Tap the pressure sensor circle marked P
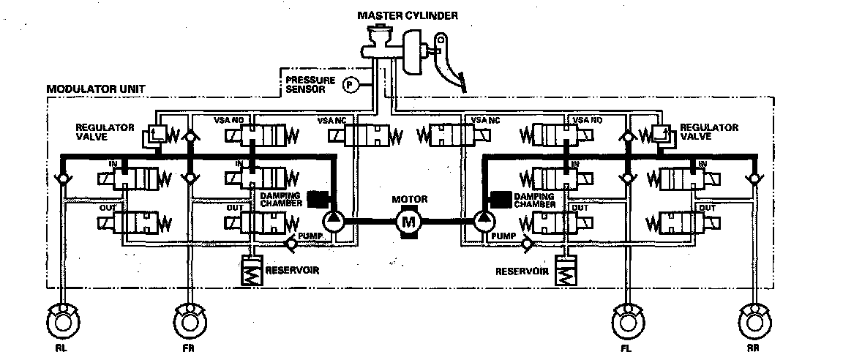[x=351, y=85]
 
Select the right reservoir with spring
[x=565, y=272]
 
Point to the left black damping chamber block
[x=318, y=198]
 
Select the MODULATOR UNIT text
[x=95, y=90]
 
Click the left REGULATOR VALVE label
[x=104, y=131]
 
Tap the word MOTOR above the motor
[x=409, y=199]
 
